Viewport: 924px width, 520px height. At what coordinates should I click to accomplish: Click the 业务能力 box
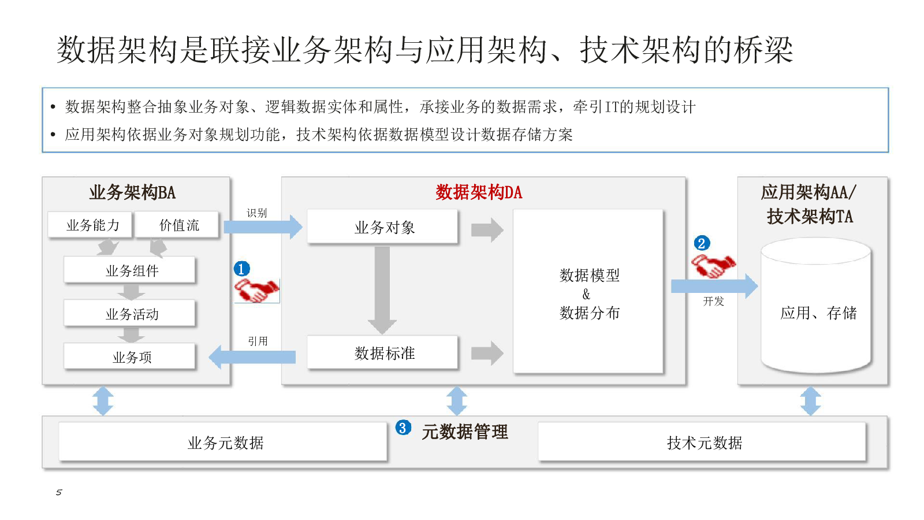click(90, 225)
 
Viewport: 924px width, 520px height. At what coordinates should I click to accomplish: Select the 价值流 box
click(177, 225)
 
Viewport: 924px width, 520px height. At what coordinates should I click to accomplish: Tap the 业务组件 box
click(129, 270)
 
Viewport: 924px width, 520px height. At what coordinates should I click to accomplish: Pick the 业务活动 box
click(129, 313)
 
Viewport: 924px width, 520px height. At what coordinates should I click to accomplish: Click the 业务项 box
click(129, 356)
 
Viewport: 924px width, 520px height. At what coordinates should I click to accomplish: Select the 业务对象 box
click(382, 226)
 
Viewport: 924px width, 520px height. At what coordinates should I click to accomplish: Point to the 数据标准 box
click(382, 352)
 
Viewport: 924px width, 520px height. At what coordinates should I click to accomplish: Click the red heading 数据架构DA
click(479, 192)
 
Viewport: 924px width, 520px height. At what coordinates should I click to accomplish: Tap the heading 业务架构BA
click(132, 192)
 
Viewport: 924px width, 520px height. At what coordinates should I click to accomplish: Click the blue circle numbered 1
click(242, 269)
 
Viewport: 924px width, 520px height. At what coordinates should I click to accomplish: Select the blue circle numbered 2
click(702, 243)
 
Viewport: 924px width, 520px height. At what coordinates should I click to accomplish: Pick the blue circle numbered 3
click(403, 428)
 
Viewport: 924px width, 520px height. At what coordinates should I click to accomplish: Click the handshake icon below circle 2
click(713, 265)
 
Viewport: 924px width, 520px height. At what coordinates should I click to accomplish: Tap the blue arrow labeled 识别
click(263, 227)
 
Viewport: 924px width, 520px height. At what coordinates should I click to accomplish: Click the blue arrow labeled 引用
click(252, 357)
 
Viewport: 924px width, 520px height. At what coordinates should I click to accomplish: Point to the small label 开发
click(714, 301)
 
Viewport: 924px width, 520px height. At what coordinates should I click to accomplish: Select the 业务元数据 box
click(223, 441)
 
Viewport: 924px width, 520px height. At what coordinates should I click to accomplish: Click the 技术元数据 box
click(702, 441)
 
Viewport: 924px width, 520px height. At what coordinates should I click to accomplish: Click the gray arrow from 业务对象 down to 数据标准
click(382, 291)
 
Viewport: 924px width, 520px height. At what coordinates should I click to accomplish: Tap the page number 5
click(59, 492)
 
